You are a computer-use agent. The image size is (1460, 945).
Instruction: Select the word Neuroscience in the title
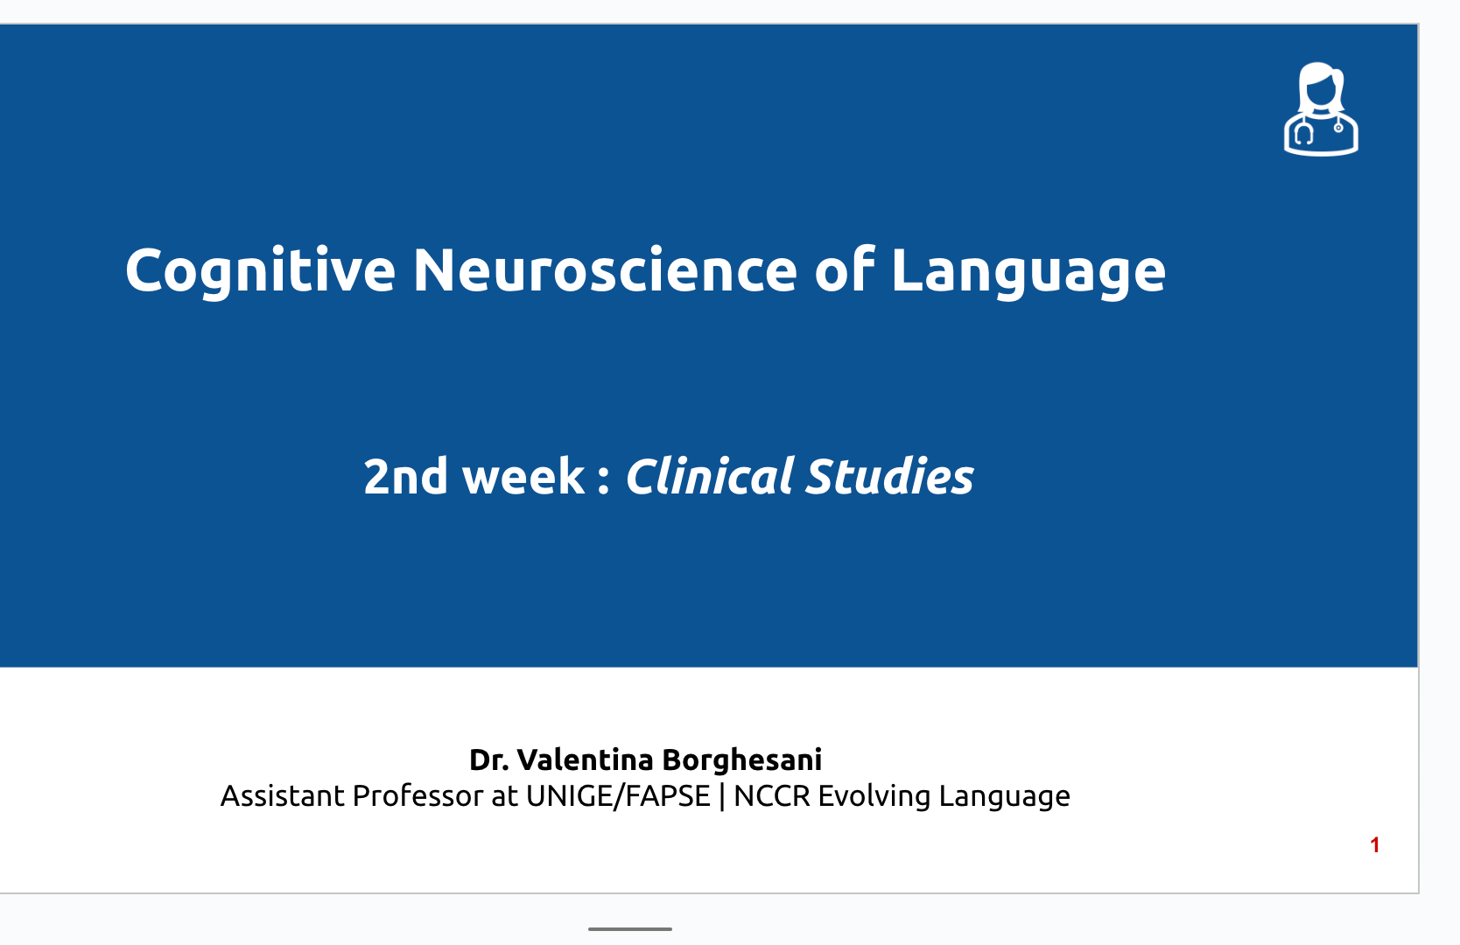[x=606, y=270]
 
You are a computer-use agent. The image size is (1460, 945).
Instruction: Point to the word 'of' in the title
[x=845, y=269]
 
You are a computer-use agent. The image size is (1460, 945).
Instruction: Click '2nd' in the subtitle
[x=405, y=476]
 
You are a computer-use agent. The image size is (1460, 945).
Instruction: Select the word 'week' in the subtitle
[x=523, y=476]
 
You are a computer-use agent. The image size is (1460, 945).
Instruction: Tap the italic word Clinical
[x=708, y=476]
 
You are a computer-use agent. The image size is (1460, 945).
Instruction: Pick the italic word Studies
[x=889, y=476]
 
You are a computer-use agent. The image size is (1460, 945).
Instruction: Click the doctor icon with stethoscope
[x=1321, y=108]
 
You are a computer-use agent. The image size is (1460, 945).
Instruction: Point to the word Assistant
[x=282, y=795]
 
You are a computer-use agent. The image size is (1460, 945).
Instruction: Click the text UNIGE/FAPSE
[x=618, y=796]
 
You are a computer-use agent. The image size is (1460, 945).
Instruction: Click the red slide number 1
[x=1375, y=845]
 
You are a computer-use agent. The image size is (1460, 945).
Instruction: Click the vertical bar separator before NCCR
[x=722, y=796]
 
